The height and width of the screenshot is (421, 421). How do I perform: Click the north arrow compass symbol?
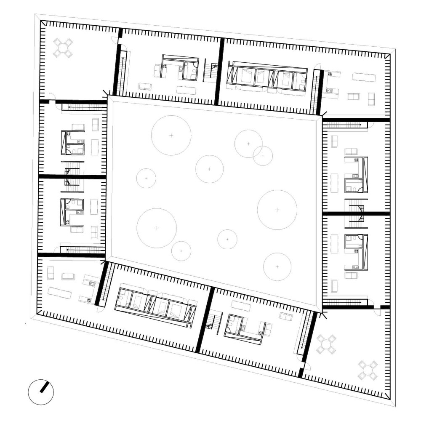[41, 392]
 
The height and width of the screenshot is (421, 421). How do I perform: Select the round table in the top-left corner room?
[63, 48]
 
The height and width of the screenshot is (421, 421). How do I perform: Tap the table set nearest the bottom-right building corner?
[368, 370]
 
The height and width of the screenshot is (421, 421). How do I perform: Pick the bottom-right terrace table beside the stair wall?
[327, 344]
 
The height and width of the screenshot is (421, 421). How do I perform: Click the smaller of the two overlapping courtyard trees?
[263, 156]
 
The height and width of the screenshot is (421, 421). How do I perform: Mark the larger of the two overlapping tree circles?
[248, 144]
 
